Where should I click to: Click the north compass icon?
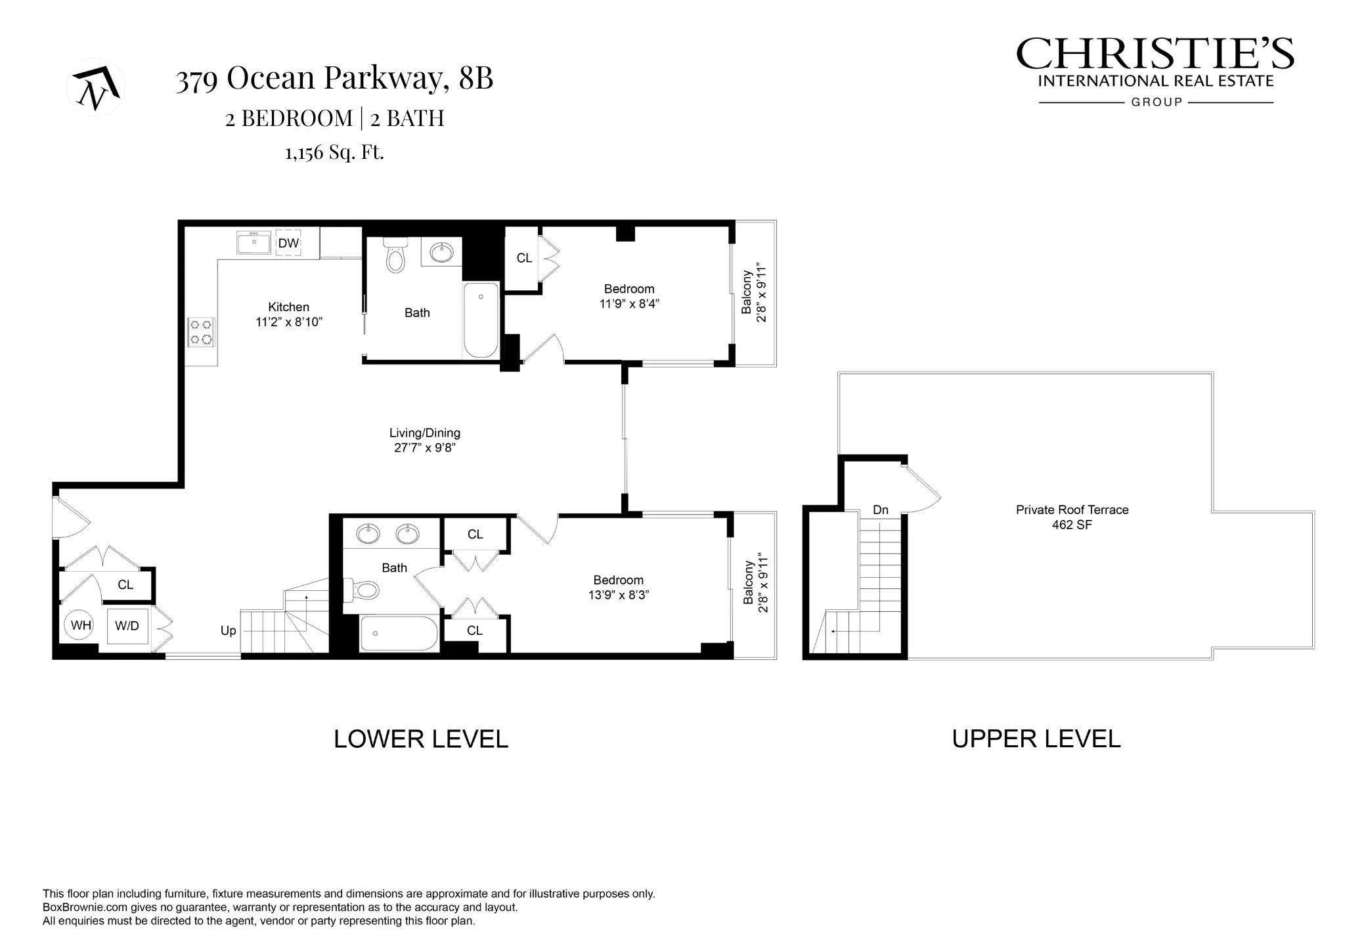(x=96, y=87)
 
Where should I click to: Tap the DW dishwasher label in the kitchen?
(x=288, y=244)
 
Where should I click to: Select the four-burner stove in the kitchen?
(x=201, y=332)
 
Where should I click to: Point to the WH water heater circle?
(x=81, y=626)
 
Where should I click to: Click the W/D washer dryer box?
(x=127, y=626)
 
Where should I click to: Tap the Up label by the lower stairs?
(x=228, y=631)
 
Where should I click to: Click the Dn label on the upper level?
(x=881, y=510)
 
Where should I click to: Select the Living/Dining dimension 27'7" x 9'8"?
(x=425, y=448)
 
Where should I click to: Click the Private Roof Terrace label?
(x=1072, y=510)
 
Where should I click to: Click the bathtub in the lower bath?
(x=399, y=633)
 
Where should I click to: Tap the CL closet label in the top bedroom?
(x=524, y=259)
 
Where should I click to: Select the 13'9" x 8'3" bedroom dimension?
(x=619, y=595)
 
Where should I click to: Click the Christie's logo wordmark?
(x=1155, y=54)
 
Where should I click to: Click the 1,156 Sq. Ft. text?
(x=334, y=152)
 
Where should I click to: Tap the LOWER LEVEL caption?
(x=420, y=739)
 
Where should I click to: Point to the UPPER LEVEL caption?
(x=1036, y=739)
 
